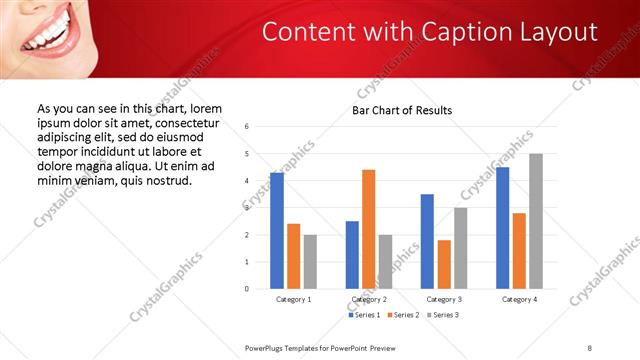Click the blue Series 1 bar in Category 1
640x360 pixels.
(277, 231)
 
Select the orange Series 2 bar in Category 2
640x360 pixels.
(368, 229)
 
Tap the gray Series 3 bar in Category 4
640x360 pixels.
(536, 221)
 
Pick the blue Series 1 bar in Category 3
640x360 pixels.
(427, 241)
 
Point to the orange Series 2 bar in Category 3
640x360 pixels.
(444, 264)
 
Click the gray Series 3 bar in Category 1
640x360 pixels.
(310, 262)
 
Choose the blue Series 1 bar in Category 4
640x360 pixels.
(503, 228)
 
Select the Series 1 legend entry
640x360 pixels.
(363, 315)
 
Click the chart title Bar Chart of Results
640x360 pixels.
(402, 110)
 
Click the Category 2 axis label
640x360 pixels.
(369, 299)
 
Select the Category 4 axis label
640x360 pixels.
(519, 299)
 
